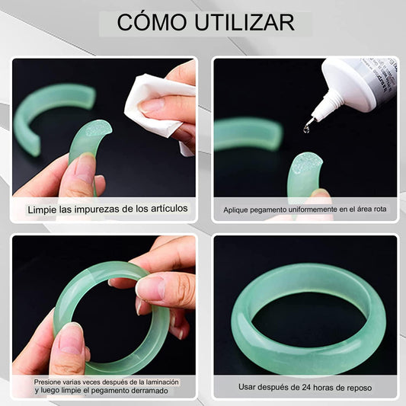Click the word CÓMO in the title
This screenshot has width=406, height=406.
[x=152, y=22]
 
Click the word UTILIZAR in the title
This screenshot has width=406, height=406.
[x=245, y=23]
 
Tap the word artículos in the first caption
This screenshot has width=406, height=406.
[x=168, y=208]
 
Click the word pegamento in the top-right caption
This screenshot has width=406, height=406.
[x=266, y=210]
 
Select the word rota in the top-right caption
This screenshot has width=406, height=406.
[x=380, y=209]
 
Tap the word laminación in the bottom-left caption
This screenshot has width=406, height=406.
[x=162, y=382]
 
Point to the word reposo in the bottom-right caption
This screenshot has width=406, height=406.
[x=360, y=388]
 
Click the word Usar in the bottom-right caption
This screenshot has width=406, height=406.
[x=247, y=387]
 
